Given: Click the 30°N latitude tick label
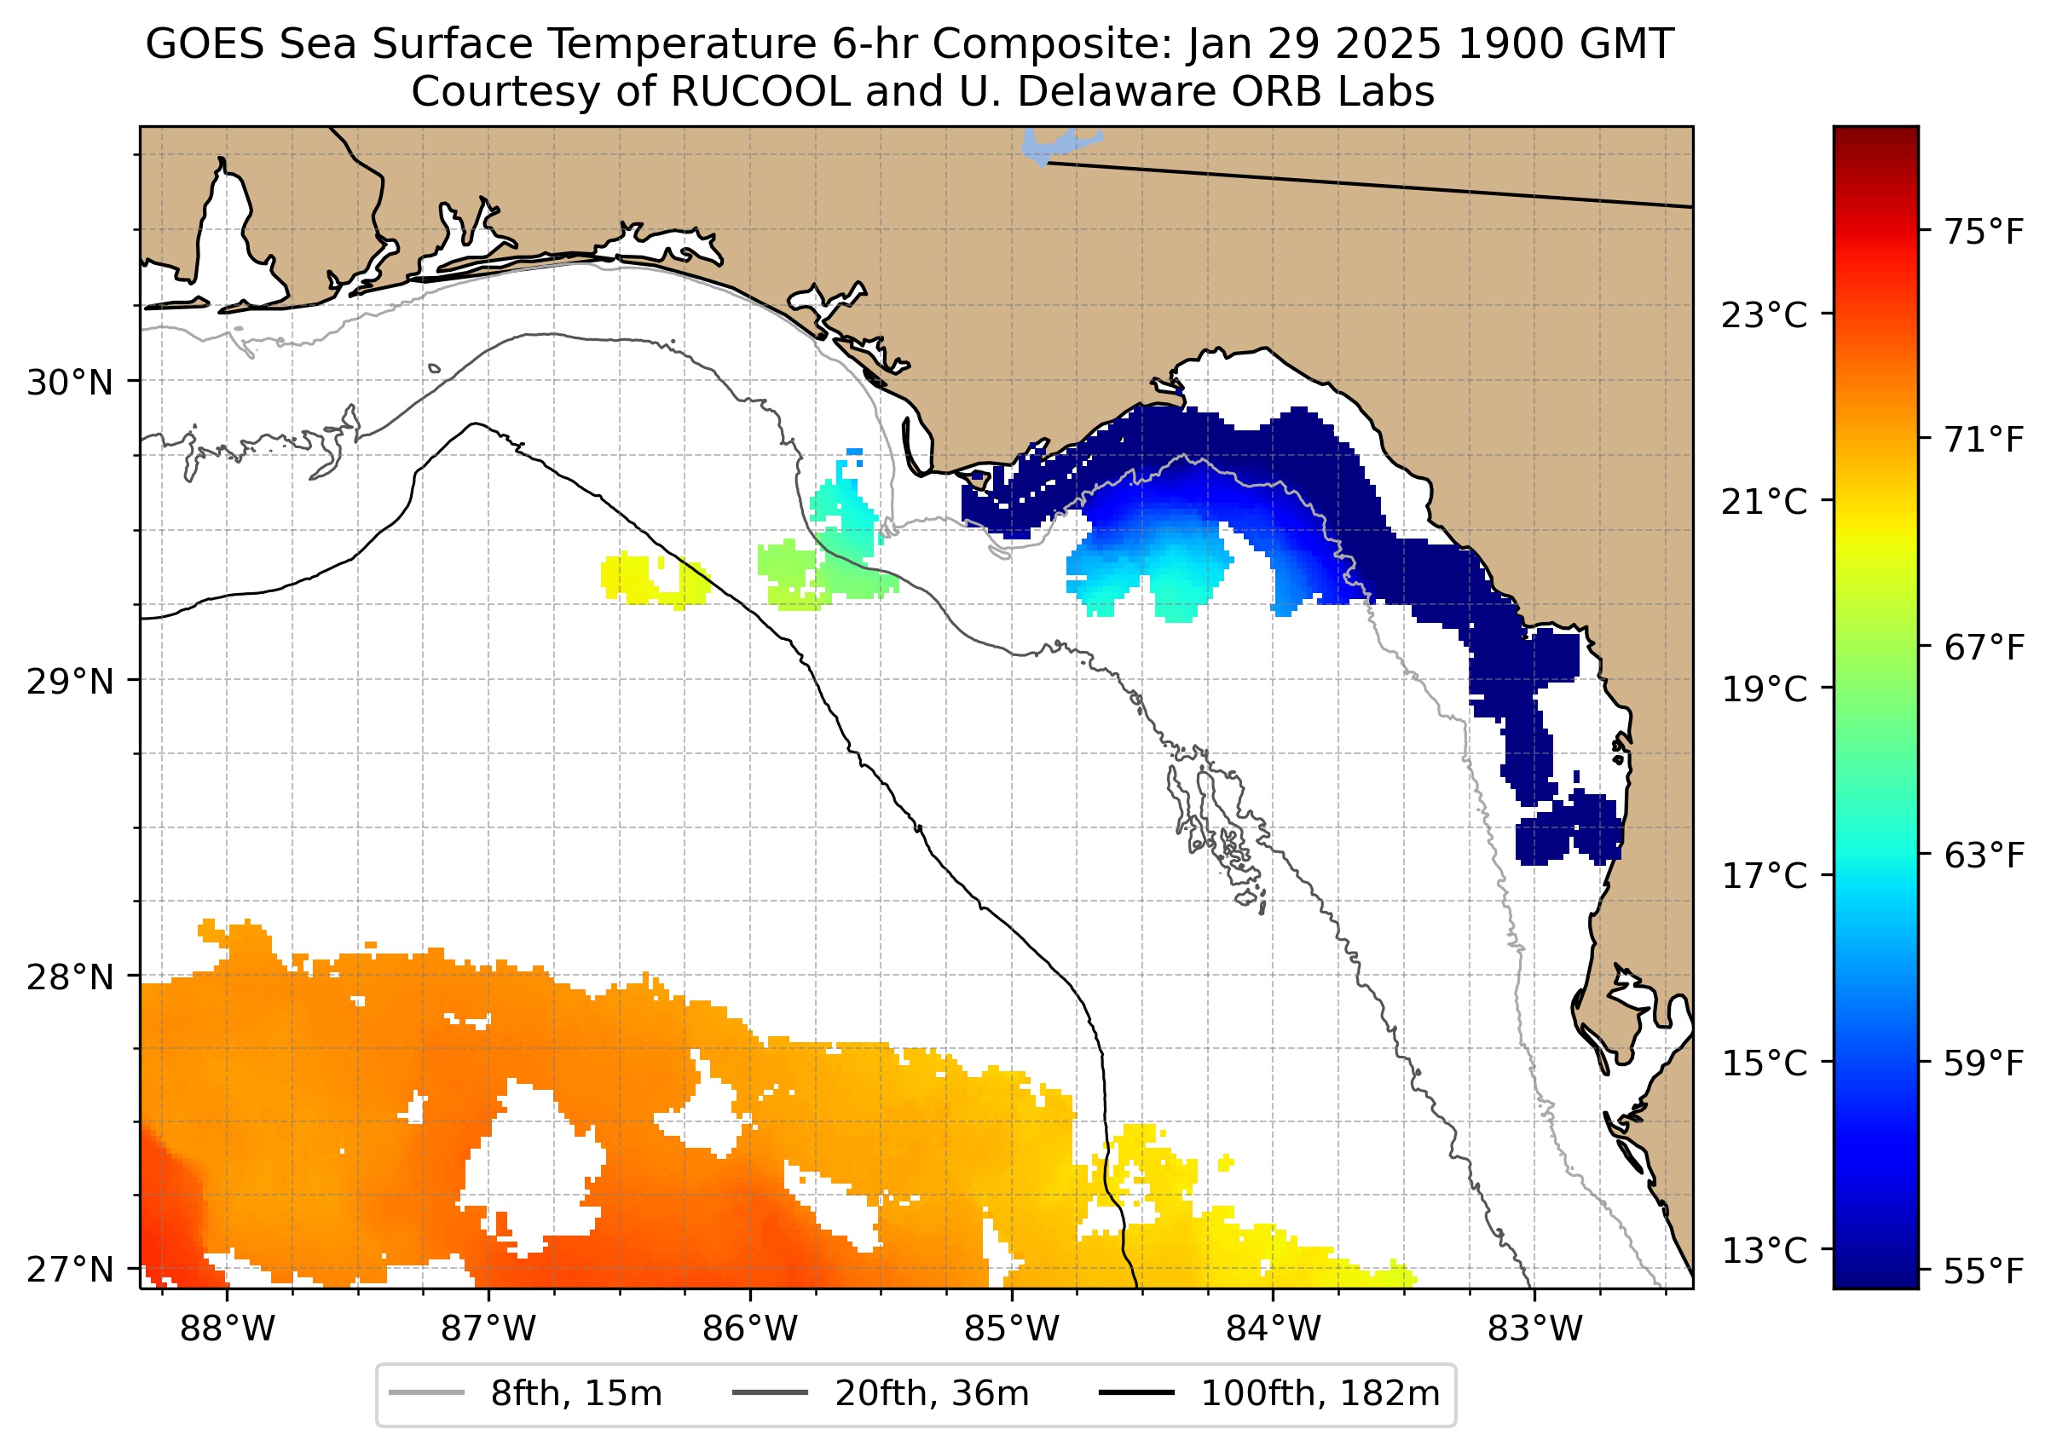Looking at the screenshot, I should click(70, 383).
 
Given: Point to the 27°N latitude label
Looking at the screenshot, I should click(70, 1270).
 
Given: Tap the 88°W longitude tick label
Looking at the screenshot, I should click(228, 1329).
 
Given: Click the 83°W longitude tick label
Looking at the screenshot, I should click(1535, 1329).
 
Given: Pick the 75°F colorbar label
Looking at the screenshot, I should click(1984, 233).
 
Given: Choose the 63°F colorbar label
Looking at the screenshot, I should click(1984, 856).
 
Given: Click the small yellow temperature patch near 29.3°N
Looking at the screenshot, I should click(653, 579).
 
